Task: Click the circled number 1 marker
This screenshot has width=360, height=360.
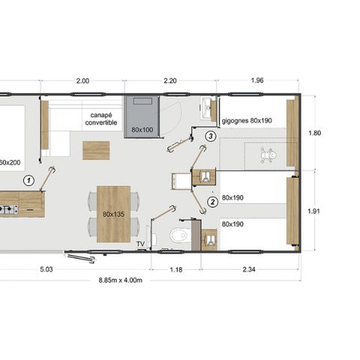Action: (x=28, y=180)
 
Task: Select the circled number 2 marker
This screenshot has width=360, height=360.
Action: (x=212, y=200)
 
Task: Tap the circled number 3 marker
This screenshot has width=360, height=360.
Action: (x=211, y=136)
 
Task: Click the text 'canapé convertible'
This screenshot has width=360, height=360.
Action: (x=100, y=119)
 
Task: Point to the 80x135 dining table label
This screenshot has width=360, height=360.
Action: (x=113, y=214)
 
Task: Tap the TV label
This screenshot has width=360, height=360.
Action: (x=140, y=244)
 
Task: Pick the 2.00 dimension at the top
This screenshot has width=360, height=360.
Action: (x=82, y=81)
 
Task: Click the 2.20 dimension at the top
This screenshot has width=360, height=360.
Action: (x=169, y=81)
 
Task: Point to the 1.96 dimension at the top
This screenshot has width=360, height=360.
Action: (x=257, y=81)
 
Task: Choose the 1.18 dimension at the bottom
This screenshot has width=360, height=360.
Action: (x=177, y=265)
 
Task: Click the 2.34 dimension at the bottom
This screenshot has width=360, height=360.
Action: (x=250, y=265)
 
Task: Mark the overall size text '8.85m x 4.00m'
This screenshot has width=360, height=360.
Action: (x=120, y=280)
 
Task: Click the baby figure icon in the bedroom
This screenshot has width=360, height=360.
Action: (x=267, y=155)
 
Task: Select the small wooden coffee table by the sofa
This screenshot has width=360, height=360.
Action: (x=96, y=150)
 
